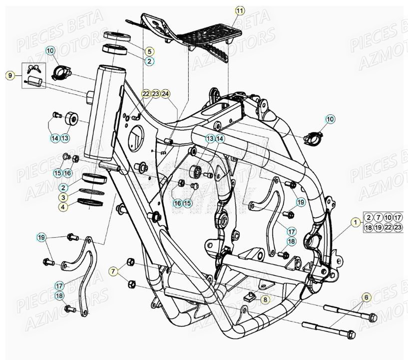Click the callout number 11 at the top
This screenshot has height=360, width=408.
tap(240, 10)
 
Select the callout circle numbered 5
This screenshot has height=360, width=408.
tap(149, 51)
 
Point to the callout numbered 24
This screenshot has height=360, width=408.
tap(166, 94)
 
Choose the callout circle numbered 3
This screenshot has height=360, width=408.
tap(63, 197)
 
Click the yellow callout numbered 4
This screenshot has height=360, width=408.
tap(63, 207)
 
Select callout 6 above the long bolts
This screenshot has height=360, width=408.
tap(366, 298)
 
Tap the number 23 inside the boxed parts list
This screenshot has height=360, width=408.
tap(398, 227)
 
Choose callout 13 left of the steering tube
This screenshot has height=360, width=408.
tap(65, 137)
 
